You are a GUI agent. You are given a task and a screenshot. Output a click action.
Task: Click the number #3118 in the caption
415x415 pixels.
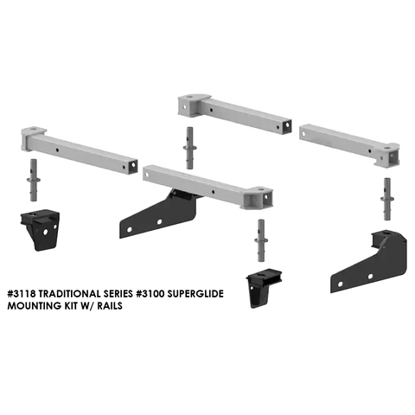(22, 294)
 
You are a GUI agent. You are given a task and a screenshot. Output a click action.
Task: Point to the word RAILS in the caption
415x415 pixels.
(110, 306)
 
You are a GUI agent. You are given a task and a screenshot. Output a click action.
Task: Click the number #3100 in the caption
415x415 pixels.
(149, 294)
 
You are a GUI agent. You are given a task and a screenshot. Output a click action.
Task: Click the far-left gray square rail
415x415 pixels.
(80, 150)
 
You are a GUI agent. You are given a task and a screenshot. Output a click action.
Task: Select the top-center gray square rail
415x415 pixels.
(234, 114)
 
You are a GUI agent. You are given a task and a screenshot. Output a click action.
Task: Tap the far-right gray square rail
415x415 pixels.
(349, 145)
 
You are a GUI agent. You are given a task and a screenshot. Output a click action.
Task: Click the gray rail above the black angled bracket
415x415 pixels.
(207, 187)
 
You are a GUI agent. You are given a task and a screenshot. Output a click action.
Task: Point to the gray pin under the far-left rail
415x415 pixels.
(34, 180)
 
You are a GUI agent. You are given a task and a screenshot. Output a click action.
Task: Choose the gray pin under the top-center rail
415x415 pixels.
(189, 148)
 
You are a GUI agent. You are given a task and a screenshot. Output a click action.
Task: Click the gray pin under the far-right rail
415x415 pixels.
(387, 199)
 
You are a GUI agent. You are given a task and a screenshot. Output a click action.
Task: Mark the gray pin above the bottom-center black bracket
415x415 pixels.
(261, 240)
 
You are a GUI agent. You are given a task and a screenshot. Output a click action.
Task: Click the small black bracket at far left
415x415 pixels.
(40, 230)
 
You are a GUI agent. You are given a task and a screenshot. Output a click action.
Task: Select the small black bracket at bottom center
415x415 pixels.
(264, 288)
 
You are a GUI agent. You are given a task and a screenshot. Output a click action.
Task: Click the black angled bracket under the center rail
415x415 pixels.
(162, 214)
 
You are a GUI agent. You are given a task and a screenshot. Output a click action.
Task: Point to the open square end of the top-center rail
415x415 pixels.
(287, 126)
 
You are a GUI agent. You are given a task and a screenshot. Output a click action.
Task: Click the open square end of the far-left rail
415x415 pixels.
(133, 167)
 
